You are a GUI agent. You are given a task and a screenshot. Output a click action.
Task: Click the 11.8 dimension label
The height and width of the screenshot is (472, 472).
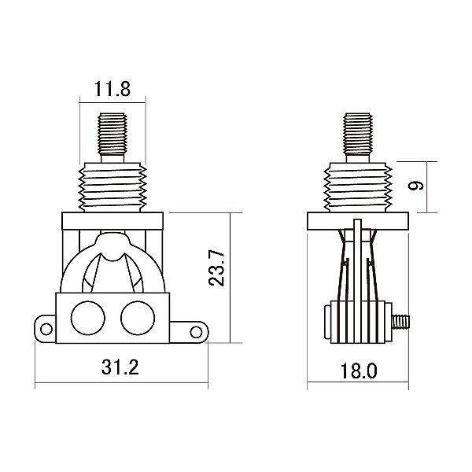112,89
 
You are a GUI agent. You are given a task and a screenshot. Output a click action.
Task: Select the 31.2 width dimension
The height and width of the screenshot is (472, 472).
120,367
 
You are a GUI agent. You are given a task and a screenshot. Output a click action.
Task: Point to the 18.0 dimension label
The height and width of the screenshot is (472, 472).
359,371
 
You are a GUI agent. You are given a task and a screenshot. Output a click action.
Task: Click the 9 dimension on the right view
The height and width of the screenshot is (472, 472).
415,186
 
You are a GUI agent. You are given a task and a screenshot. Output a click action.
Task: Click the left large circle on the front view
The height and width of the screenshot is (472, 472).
88,318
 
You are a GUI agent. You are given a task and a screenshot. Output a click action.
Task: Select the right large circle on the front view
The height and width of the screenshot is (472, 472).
138,318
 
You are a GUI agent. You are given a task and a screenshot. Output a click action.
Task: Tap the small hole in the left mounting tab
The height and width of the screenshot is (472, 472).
46,329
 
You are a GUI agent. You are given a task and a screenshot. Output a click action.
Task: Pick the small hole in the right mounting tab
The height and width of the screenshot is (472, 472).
196,332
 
